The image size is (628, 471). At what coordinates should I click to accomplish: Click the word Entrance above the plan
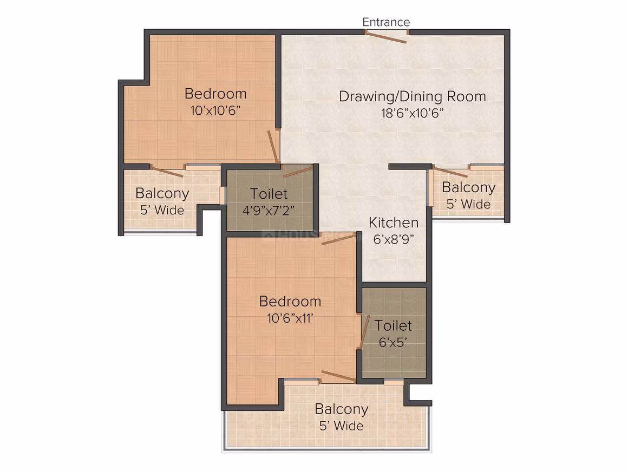coord(386,22)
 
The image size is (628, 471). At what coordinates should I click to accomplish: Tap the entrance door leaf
coord(387,37)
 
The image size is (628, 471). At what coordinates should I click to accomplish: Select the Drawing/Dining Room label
coord(413,96)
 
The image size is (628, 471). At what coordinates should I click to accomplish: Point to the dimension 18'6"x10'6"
coord(413,113)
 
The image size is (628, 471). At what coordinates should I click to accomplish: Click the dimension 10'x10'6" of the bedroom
coord(215,110)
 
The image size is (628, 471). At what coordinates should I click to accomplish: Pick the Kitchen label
coord(394,223)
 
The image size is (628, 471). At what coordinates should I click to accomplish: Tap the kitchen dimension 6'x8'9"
coord(394,239)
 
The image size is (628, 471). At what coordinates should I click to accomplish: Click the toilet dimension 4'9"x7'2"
coord(269,210)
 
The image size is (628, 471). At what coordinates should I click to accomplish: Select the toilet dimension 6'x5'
coord(393,342)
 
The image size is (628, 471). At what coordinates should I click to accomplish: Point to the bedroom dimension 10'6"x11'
coord(290,318)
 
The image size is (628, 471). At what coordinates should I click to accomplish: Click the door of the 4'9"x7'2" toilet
coord(297,172)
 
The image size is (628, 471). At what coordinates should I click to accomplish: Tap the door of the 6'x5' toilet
coord(364,331)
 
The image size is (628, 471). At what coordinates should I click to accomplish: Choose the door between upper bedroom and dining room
coord(273,146)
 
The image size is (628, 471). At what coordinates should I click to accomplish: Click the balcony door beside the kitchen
coord(450,172)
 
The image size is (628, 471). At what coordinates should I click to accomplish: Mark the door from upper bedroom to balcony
coord(167,171)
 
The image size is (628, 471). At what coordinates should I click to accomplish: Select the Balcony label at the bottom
coord(342,409)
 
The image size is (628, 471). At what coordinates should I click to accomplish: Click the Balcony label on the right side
coord(469,187)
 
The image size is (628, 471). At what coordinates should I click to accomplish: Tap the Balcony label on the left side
coord(162,193)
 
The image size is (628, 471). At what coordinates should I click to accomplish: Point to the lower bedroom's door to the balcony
coord(338,376)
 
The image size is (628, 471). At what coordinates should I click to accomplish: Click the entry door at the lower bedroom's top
coord(338,239)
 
